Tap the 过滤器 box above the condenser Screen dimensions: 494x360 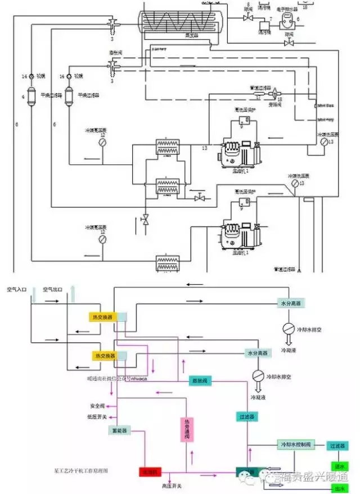tap(245, 417)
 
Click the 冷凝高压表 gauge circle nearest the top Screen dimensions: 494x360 tap(102, 143)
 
